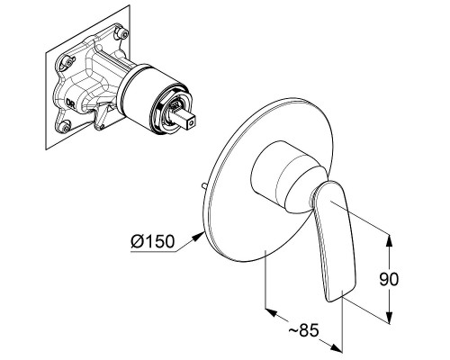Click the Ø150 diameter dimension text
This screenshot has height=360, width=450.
pos(152,241)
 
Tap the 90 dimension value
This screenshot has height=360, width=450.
pos(389,279)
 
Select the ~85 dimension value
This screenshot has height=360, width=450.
pos(303,330)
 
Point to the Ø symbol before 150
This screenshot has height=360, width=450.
pos(138,241)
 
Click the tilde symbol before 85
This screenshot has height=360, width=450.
pos(293,330)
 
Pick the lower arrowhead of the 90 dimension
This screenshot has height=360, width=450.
pos(389,317)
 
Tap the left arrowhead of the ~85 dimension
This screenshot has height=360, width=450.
pos(271,312)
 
